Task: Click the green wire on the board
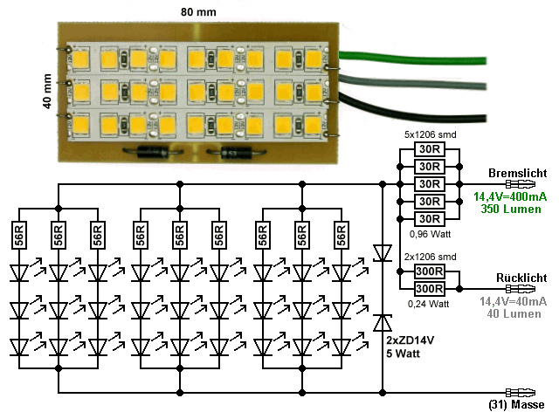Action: (x=411, y=60)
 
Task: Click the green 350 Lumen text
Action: (x=511, y=210)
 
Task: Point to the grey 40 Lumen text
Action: (x=511, y=313)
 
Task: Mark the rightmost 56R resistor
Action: (x=341, y=235)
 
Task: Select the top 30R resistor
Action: (x=427, y=149)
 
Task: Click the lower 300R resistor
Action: (x=427, y=288)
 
